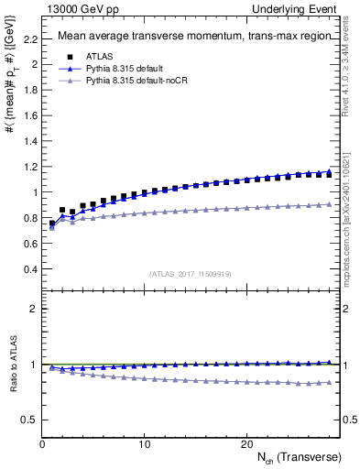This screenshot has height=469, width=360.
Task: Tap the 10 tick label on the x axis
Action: click(144, 444)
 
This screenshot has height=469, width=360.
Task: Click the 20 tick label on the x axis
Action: click(246, 444)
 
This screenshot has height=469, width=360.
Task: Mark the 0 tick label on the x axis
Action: click(42, 444)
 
